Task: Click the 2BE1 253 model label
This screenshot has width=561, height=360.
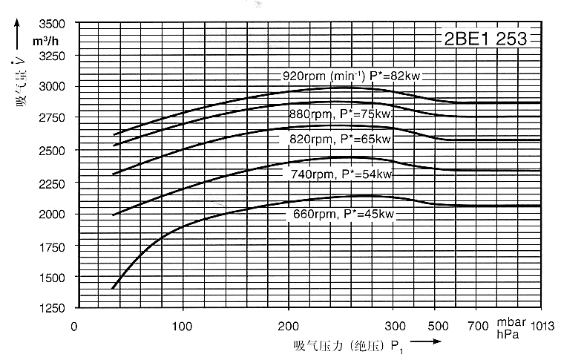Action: click(485, 39)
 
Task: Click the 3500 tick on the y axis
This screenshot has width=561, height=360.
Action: click(51, 24)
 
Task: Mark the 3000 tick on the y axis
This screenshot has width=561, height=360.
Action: click(51, 87)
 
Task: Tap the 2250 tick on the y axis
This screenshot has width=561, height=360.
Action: click(51, 182)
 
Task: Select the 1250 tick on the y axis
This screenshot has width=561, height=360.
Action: click(51, 308)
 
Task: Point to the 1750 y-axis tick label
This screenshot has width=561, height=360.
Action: click(51, 245)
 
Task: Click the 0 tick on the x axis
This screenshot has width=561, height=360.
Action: click(74, 325)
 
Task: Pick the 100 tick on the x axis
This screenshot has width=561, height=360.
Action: click(183, 325)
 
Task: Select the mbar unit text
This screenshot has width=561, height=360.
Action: click(511, 324)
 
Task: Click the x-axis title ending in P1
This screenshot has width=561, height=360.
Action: click(348, 346)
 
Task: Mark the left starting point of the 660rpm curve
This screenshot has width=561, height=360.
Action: click(113, 288)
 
